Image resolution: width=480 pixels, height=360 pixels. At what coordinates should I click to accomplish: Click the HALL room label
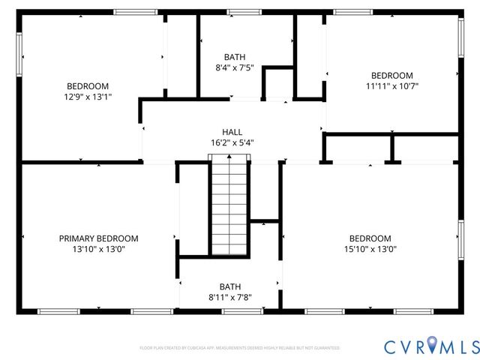[232, 131]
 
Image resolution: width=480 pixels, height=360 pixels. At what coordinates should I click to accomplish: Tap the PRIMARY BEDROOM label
[98, 238]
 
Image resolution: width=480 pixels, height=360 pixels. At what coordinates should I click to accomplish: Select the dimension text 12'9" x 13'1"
[88, 97]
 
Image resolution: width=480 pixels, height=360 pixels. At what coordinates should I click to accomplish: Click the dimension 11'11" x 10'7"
[392, 86]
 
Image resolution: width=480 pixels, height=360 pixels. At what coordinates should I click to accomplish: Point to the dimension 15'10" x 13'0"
[370, 249]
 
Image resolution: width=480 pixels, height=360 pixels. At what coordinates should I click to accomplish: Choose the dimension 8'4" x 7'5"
[235, 67]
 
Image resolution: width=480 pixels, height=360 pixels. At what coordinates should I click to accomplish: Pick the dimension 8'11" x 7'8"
[230, 297]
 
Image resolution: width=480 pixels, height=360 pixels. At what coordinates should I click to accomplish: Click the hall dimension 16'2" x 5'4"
[232, 142]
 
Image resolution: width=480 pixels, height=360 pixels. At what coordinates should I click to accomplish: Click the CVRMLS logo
[431, 346]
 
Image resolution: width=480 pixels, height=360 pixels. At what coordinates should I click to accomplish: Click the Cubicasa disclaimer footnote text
[240, 348]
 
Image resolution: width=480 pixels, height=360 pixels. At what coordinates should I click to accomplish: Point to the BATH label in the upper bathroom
[235, 57]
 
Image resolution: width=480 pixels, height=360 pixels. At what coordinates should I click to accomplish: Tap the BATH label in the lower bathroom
[230, 286]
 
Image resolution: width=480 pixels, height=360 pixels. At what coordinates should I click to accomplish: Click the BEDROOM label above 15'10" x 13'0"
[370, 238]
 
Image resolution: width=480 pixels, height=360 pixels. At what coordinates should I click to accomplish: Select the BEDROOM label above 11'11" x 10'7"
[392, 76]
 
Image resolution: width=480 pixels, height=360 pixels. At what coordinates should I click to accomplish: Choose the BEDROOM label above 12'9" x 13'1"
[88, 86]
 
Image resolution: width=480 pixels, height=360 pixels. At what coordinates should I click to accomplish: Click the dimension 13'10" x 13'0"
[98, 249]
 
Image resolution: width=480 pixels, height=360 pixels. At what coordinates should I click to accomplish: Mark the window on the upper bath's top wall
[240, 12]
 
